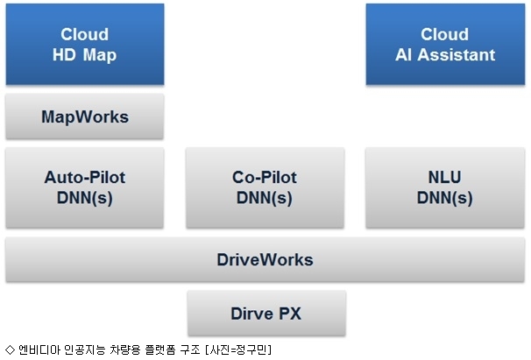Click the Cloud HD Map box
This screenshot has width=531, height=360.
coord(85,44)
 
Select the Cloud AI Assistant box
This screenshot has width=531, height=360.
coord(445,44)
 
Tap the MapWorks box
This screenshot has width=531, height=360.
coord(85,116)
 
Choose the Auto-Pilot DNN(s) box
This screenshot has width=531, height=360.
coord(85,187)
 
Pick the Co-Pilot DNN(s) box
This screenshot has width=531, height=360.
coord(265,187)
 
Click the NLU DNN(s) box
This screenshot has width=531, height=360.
coord(445,187)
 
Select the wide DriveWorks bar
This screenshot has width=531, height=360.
coord(265,260)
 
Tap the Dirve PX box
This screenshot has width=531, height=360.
coord(266,314)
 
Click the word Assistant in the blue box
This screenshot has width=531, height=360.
coord(457,55)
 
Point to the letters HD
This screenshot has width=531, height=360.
coord(64,55)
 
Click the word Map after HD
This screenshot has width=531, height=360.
coord(100,55)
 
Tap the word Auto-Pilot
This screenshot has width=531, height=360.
coord(85,177)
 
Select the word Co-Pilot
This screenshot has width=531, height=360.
coord(265,177)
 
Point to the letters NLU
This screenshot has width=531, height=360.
coord(444,177)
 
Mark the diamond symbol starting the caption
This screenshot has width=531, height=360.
coord(11,349)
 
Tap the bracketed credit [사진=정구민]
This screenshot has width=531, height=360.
coord(238,349)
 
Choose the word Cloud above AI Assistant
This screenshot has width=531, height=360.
coord(444,34)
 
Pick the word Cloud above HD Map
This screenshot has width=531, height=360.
coord(85,34)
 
